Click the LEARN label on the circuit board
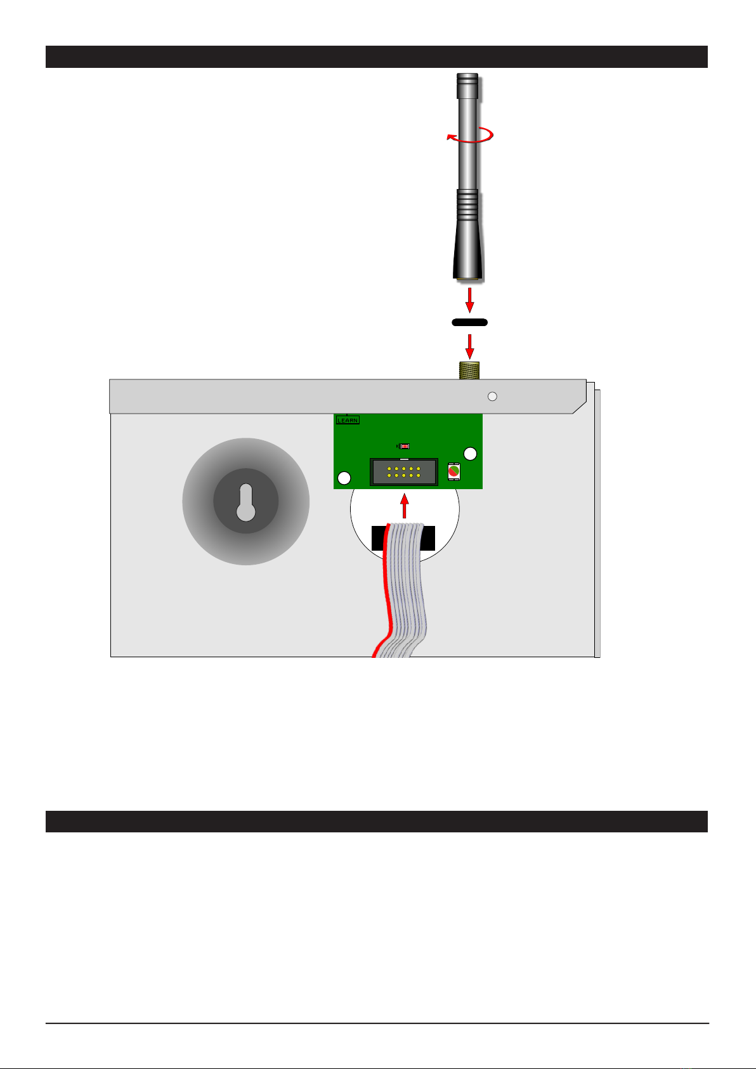348,420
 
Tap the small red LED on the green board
404,446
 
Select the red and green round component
453,472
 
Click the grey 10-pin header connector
403,472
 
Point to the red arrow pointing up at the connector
404,508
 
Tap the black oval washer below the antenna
469,322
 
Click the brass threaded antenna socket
469,371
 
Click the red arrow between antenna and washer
469,299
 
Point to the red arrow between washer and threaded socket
469,346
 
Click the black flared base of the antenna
469,254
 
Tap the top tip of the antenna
467,77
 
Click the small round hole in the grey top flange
492,397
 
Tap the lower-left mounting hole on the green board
344,478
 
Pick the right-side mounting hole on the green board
470,454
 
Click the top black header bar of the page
377,56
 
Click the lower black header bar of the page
377,821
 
